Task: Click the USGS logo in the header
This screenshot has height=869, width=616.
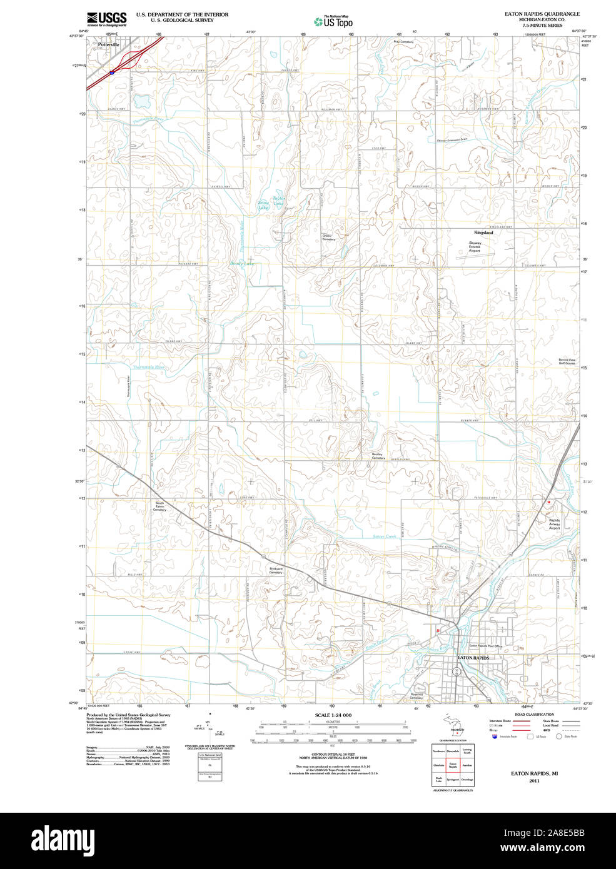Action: (x=106, y=18)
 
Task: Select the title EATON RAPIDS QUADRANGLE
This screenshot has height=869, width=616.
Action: (x=542, y=14)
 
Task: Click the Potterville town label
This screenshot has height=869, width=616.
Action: (x=108, y=45)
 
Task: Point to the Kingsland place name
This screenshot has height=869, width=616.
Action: (x=483, y=233)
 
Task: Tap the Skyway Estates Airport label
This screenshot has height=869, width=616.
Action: (x=475, y=247)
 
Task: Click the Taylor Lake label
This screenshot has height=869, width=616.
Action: (x=278, y=201)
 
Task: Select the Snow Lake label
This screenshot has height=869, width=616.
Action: (x=263, y=204)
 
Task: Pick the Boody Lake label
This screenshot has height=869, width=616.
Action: (x=241, y=264)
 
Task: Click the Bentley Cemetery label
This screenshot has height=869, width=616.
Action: (x=378, y=456)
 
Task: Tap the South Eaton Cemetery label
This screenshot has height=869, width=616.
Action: (x=160, y=506)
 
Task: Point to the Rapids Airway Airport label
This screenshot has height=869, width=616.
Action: (x=554, y=524)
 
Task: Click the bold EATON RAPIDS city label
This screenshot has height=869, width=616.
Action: (x=473, y=658)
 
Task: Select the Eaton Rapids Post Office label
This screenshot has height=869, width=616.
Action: (x=486, y=646)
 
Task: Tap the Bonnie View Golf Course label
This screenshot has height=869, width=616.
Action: (x=567, y=361)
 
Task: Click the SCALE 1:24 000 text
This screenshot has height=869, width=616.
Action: (x=333, y=715)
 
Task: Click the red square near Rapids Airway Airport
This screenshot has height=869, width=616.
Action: (x=548, y=502)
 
